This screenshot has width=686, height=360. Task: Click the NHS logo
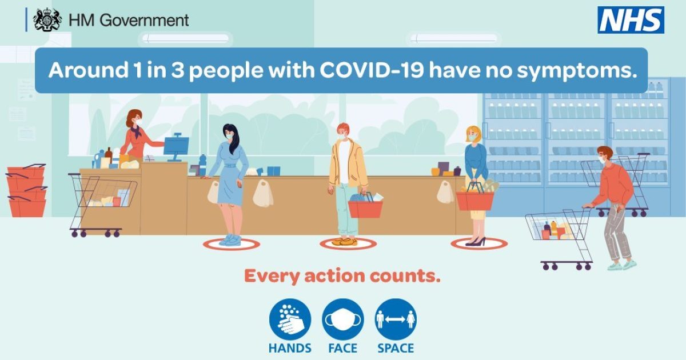(631, 20)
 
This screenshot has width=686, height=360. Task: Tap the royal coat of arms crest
(47, 20)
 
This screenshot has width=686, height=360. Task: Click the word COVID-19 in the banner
(372, 70)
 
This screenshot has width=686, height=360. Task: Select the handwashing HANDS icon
(290, 319)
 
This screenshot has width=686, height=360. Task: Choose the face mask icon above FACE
(342, 319)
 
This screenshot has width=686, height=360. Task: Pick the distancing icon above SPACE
(396, 319)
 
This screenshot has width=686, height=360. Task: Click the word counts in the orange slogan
(405, 277)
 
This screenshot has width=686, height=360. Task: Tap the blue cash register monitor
(176, 146)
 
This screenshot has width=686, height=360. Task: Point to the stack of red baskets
(27, 191)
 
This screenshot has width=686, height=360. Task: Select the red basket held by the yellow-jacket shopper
(365, 207)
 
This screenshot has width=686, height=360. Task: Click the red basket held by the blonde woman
(475, 199)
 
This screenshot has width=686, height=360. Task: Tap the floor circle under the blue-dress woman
(232, 245)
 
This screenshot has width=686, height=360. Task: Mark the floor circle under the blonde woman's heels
(479, 244)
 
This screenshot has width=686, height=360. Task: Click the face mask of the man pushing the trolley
(603, 160)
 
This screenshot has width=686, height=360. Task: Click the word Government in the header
(144, 21)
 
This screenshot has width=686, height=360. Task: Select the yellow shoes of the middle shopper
(345, 242)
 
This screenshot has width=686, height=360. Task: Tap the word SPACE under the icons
(396, 349)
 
